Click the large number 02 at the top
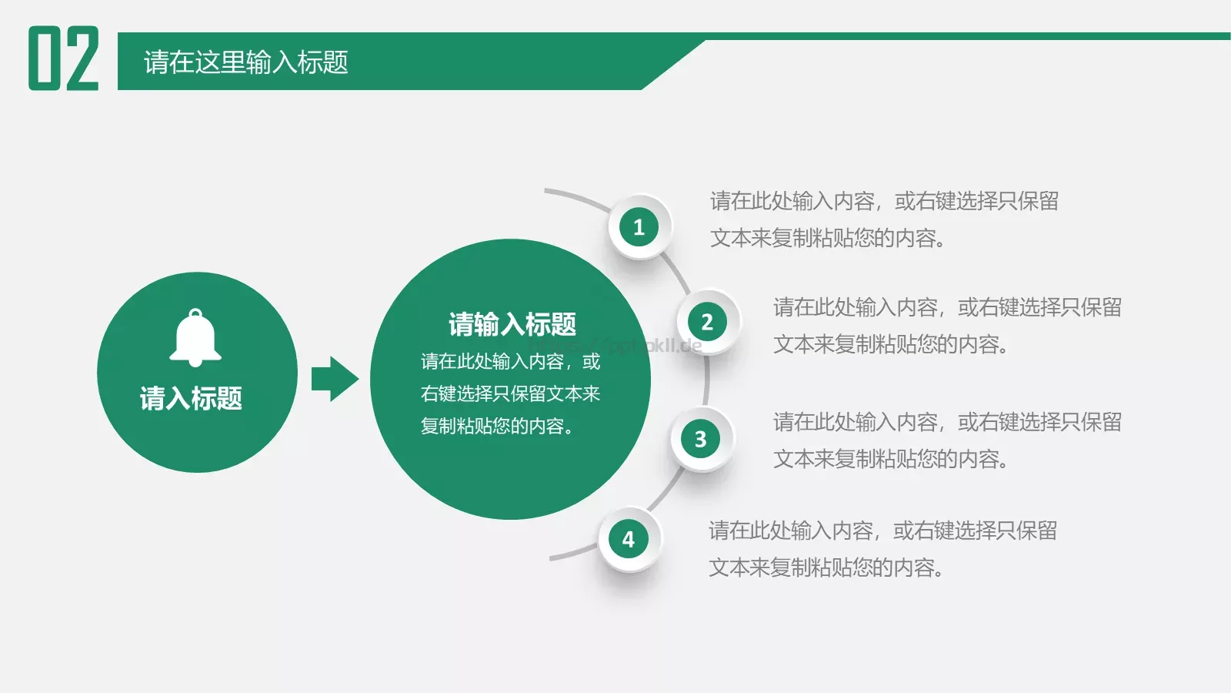coord(64,59)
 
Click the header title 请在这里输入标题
coord(245,62)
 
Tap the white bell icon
coord(195,338)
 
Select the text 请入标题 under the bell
coord(191,398)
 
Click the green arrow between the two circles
coord(335,379)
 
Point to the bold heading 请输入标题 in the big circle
coord(512,324)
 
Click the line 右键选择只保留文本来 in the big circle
coord(510,393)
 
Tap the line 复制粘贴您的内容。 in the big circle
coord(498,426)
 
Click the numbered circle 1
coord(639,227)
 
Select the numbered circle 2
coord(707,322)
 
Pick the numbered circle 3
coord(700,439)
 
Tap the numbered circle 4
coord(629,539)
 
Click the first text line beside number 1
coord(884,201)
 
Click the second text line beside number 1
coord(828,238)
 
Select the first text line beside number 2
coord(947,307)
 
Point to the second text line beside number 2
coord(891,344)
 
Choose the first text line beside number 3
coord(947,422)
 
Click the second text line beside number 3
coord(891,459)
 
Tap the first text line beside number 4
coord(882,531)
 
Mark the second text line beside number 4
coord(826,567)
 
